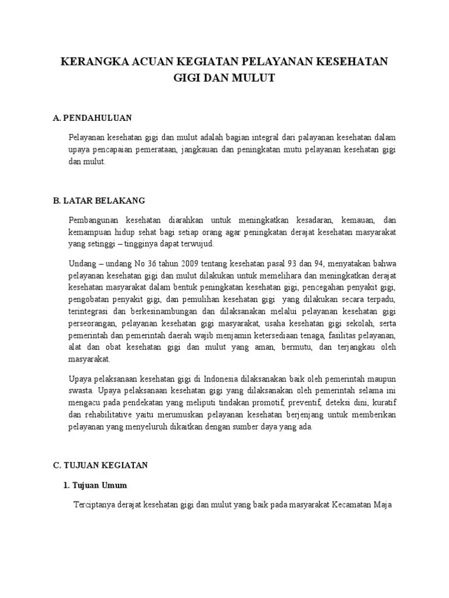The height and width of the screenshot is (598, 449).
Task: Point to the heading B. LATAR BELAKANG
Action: [x=98, y=200]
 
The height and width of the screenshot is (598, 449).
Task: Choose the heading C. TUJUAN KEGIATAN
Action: [x=101, y=465]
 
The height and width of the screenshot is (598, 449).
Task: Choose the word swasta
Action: [x=81, y=390]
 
